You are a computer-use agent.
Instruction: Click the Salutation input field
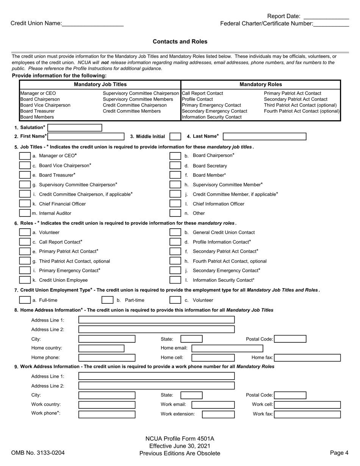click(x=75, y=128)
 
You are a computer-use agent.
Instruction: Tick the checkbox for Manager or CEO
click(x=25, y=156)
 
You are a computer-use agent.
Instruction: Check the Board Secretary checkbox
click(x=175, y=166)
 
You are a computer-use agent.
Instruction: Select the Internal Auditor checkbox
click(x=25, y=213)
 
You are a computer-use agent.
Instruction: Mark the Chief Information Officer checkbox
click(x=175, y=204)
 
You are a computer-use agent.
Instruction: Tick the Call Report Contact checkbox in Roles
click(x=25, y=242)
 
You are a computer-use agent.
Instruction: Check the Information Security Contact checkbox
click(x=175, y=280)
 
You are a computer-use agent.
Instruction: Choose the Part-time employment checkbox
click(x=108, y=300)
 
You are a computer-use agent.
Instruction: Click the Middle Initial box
click(x=175, y=137)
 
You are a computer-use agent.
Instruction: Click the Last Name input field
click(x=265, y=137)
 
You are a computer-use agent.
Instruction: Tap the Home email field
click(x=227, y=348)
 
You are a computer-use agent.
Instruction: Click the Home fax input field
click(x=307, y=358)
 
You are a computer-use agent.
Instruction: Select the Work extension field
click(x=218, y=414)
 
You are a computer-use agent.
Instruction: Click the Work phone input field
click(x=106, y=414)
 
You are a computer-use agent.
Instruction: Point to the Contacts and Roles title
click(x=180, y=42)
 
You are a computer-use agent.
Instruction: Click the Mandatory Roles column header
click(x=261, y=85)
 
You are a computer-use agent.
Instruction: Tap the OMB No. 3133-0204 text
click(x=38, y=453)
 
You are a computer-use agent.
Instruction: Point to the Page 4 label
click(x=339, y=453)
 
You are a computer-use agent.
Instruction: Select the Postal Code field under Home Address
click(x=290, y=339)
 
